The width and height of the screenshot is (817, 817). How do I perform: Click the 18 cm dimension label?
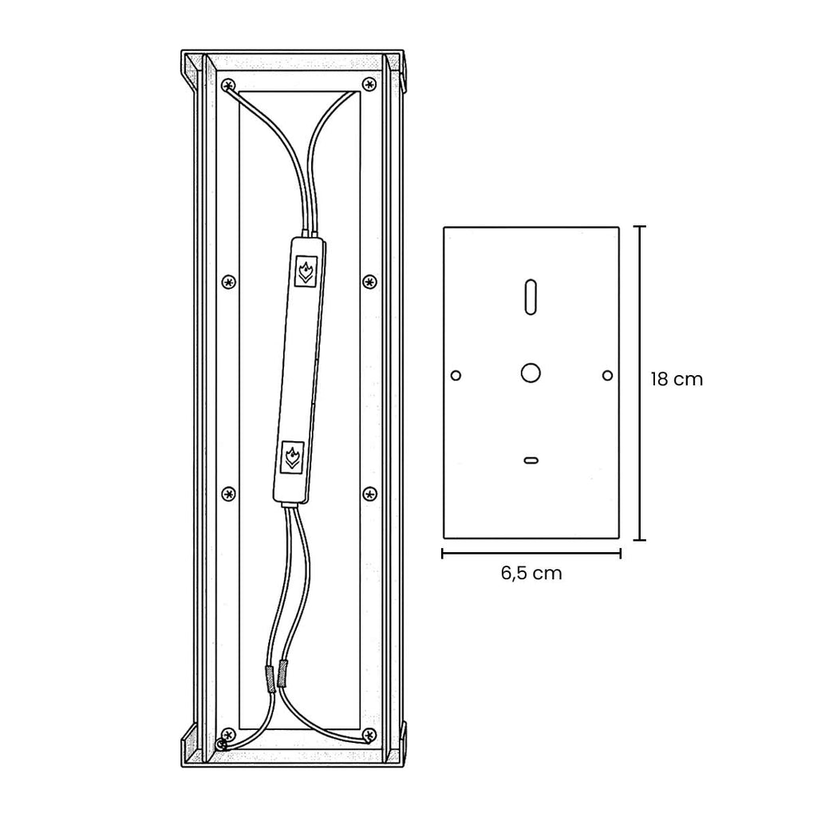click(677, 379)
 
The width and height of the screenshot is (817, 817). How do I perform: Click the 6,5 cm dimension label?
click(531, 573)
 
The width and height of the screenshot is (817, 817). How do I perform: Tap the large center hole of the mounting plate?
click(531, 373)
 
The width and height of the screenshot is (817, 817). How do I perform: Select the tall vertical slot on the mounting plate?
click(531, 298)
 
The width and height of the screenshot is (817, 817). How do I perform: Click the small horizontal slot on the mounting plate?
click(531, 460)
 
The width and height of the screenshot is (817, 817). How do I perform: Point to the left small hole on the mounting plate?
click(456, 375)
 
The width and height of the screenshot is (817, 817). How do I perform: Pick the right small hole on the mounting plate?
click(607, 375)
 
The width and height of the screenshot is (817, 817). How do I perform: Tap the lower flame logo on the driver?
click(292, 457)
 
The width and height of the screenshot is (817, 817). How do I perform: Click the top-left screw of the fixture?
click(229, 85)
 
